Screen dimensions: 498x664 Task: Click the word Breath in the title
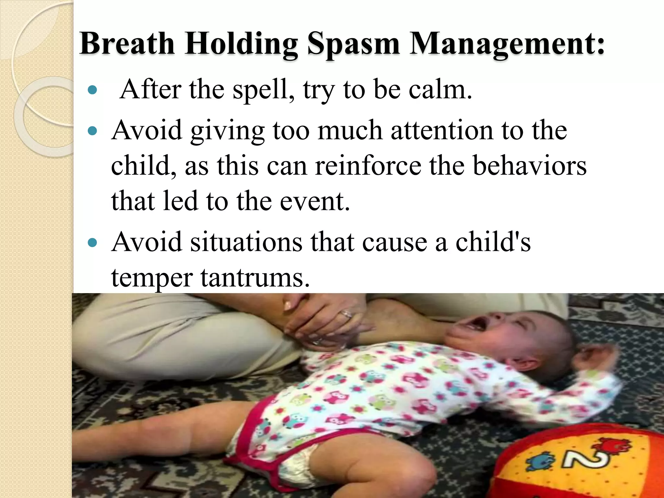point(127,43)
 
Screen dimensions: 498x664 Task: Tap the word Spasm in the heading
point(353,44)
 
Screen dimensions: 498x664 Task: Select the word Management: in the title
point(507,44)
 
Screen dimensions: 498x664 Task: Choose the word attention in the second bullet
point(442,130)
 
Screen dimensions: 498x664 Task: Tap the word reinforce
point(368,166)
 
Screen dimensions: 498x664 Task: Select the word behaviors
point(530,166)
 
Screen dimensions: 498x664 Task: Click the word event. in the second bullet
point(315,202)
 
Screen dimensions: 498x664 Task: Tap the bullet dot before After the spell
point(93,90)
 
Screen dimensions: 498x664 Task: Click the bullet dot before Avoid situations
point(93,242)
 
